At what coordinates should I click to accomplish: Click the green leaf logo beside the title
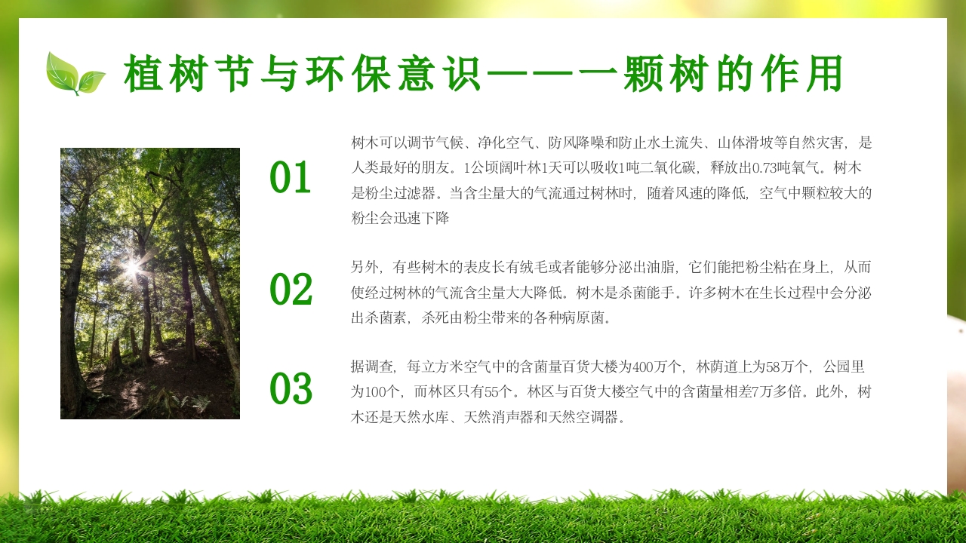tap(75, 73)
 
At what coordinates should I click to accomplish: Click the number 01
tap(291, 179)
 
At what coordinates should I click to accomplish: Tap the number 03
tap(291, 390)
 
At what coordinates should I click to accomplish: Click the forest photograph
tap(150, 283)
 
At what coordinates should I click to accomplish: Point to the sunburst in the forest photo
tap(133, 267)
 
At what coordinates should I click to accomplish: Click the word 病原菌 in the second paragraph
tap(583, 318)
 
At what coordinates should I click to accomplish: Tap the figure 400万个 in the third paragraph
tap(660, 367)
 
